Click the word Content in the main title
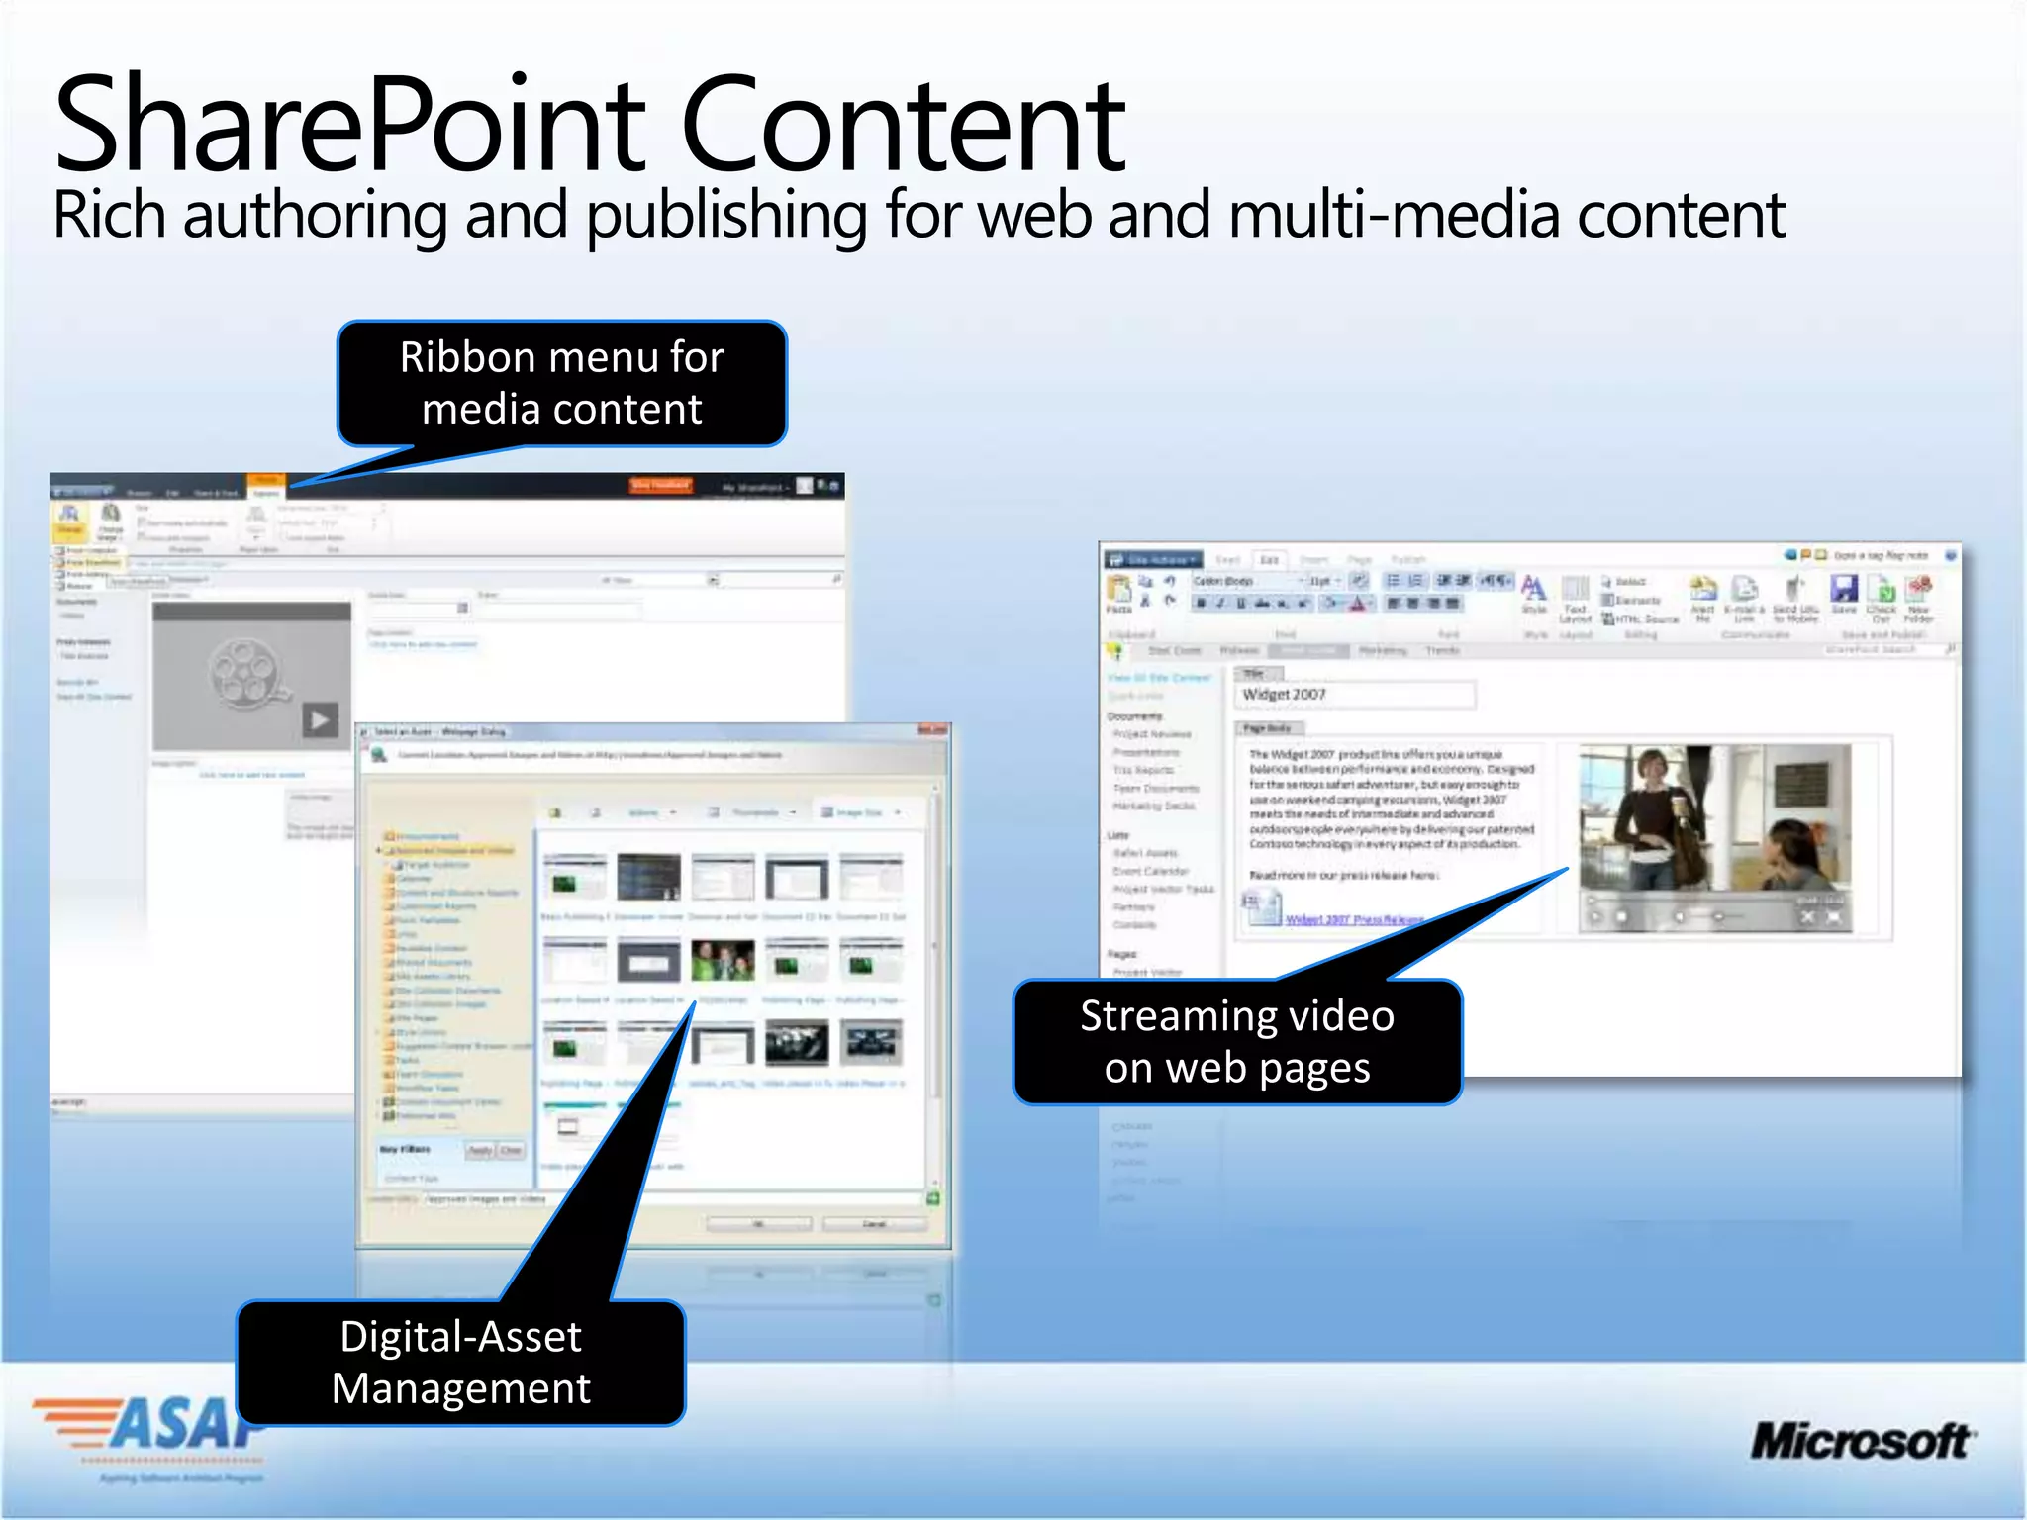click(x=903, y=127)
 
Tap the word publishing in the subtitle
click(x=727, y=215)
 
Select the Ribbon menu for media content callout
click(x=562, y=384)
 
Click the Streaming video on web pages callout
click(x=1237, y=1042)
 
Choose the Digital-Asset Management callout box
click(x=461, y=1363)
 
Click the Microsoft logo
click(x=1861, y=1441)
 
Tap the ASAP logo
click(x=148, y=1425)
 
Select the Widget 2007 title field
click(x=1354, y=695)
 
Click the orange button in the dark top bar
click(x=661, y=485)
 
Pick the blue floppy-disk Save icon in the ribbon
click(x=1843, y=590)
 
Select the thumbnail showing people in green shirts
click(x=723, y=961)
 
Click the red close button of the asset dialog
click(x=932, y=730)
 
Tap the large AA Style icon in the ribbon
click(x=1533, y=588)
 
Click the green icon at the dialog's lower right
click(x=932, y=1199)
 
